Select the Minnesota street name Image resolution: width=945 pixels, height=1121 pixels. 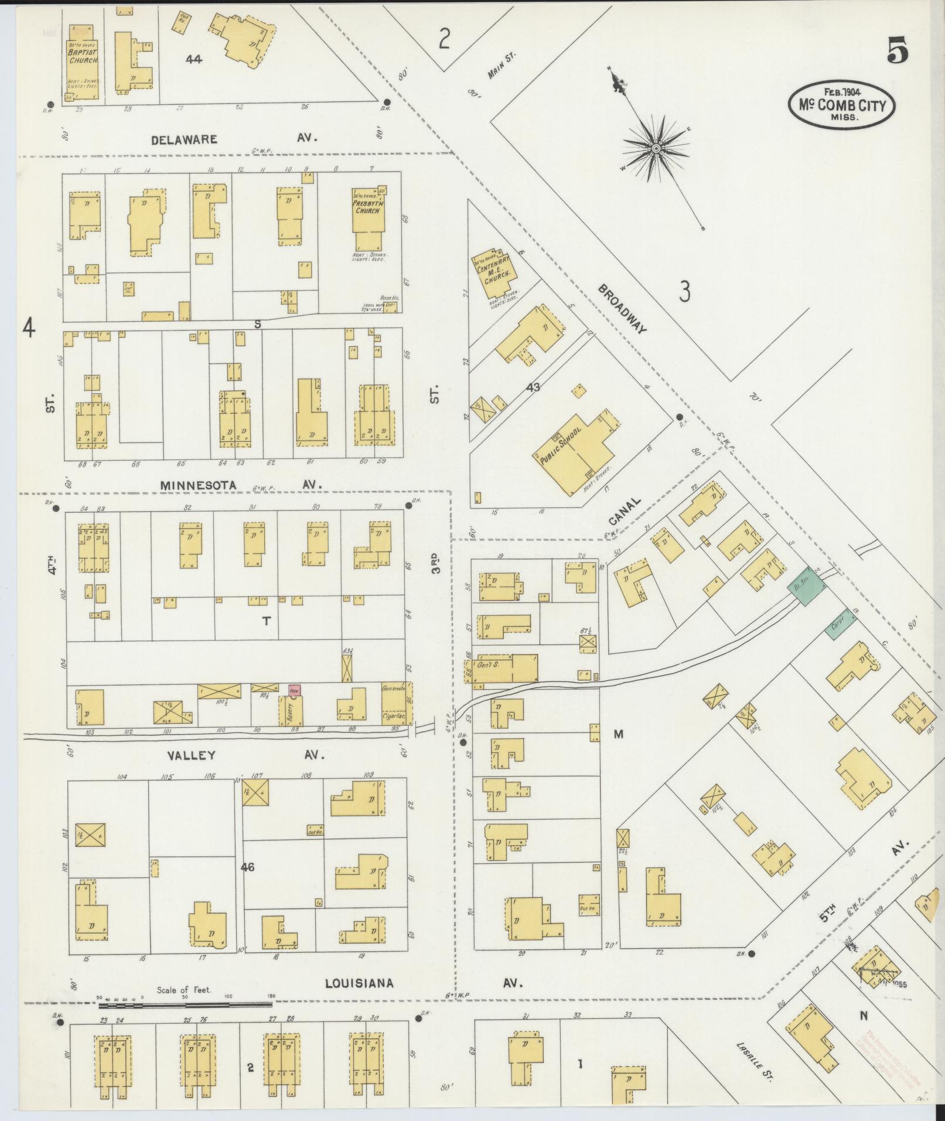point(190,485)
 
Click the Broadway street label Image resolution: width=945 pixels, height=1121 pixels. point(622,309)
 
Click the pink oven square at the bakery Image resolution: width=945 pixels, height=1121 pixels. point(294,690)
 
